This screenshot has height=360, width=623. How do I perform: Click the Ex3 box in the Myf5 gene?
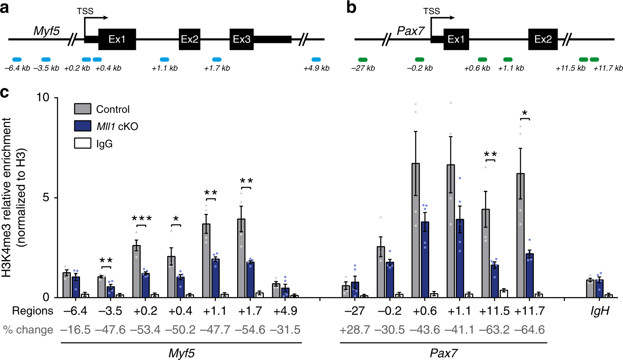pyautogui.click(x=242, y=39)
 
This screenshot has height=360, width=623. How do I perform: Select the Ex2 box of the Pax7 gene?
pyautogui.click(x=543, y=39)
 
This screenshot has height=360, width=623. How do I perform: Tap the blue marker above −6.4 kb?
pyautogui.click(x=17, y=60)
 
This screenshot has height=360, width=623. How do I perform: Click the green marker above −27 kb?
pyautogui.click(x=363, y=60)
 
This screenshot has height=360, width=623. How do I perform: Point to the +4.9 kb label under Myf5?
pyautogui.click(x=316, y=68)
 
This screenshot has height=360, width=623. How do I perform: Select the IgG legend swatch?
pyautogui.click(x=83, y=144)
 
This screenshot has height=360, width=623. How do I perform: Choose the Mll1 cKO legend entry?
pyautogui.click(x=117, y=126)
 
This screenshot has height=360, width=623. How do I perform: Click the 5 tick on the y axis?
pyautogui.click(x=46, y=197)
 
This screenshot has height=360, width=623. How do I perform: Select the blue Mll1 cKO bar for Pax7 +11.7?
pyautogui.click(x=530, y=275)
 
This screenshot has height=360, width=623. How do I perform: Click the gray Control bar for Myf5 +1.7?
pyautogui.click(x=241, y=258)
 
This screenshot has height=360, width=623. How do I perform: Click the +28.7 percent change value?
pyautogui.click(x=355, y=330)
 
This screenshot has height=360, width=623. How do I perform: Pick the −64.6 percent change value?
pyautogui.click(x=529, y=330)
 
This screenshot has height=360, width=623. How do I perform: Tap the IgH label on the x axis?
pyautogui.click(x=600, y=311)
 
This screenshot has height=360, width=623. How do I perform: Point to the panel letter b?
pyautogui.click(x=351, y=7)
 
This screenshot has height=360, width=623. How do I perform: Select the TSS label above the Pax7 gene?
pyautogui.click(x=431, y=11)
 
